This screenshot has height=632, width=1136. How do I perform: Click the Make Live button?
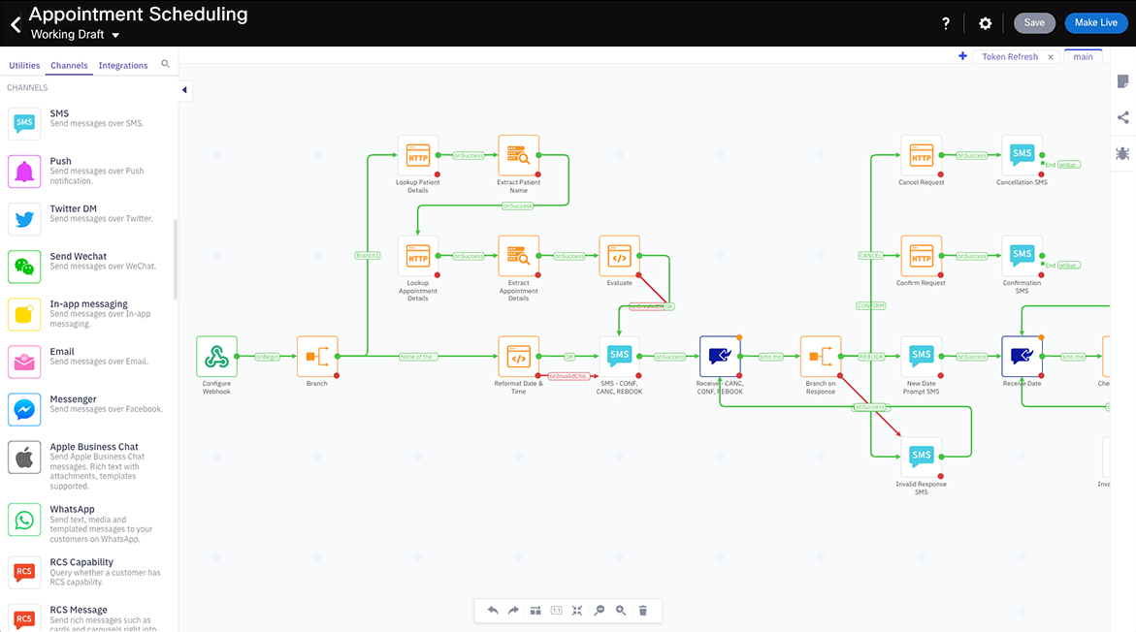tap(1095, 23)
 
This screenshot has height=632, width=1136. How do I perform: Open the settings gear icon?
tap(985, 23)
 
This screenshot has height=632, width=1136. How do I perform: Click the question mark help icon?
tap(946, 23)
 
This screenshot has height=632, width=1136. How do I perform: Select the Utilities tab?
tap(24, 66)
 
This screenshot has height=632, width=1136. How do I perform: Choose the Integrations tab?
tap(123, 66)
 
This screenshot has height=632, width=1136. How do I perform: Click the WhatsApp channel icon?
tap(24, 520)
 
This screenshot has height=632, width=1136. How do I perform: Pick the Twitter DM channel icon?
tap(24, 219)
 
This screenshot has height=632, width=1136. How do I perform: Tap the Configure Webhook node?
tap(216, 357)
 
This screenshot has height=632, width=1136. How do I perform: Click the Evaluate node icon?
tap(619, 256)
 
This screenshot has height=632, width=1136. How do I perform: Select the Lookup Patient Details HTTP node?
tap(418, 155)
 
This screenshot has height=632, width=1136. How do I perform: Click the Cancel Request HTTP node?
tap(921, 155)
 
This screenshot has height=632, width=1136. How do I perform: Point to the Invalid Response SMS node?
tap(921, 457)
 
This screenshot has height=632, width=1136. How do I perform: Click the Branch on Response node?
tap(820, 357)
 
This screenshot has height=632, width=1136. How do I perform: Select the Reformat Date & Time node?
tap(518, 357)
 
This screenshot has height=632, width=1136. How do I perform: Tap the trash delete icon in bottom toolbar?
tap(642, 611)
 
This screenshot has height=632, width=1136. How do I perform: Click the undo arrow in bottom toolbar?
tap(493, 611)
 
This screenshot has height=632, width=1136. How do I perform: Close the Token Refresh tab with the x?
tap(1051, 57)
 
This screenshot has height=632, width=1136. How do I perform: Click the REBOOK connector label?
tap(871, 357)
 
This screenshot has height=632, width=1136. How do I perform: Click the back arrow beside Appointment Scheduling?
tap(15, 24)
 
